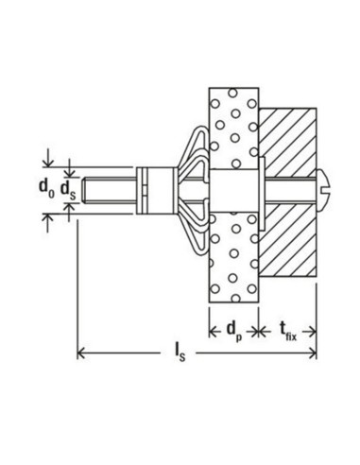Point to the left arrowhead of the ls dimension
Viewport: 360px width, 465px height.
(82, 354)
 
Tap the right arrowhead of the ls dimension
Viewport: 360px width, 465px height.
(312, 354)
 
